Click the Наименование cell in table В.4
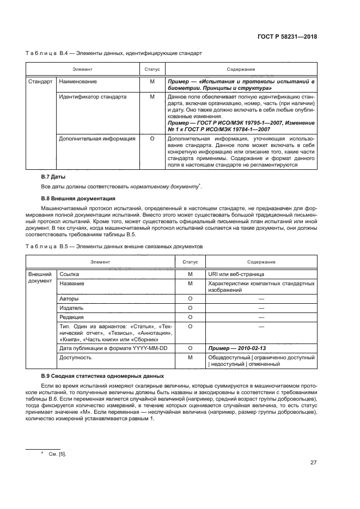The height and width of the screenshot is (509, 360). point(78,82)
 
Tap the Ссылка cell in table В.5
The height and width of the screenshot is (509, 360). point(69,274)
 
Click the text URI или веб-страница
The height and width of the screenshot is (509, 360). point(235,274)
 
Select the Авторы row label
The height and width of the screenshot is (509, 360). point(69,299)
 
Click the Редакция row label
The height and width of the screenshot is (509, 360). point(71,317)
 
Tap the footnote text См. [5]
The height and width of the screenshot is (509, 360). point(57,453)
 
